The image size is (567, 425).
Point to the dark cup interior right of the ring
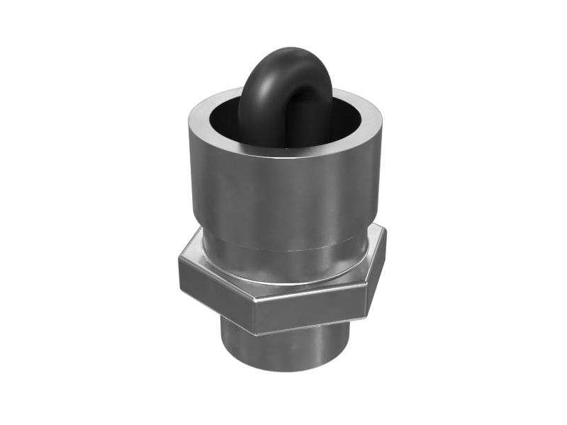[x=347, y=117]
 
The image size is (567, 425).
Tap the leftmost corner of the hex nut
[x=179, y=262]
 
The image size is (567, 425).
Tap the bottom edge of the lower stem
[x=283, y=371]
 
